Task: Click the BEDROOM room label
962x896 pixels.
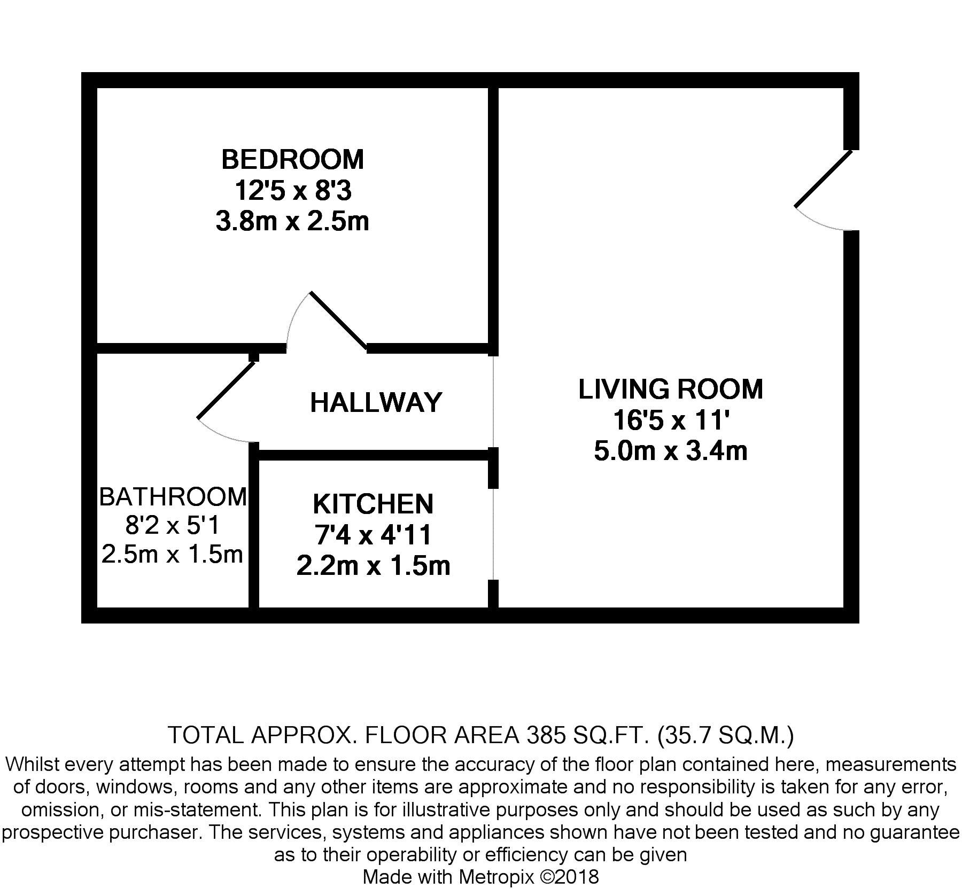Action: pos(292,159)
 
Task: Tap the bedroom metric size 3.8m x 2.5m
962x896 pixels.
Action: pos(292,221)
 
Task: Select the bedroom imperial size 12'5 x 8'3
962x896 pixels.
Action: pos(292,190)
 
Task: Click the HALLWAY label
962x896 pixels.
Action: pos(376,402)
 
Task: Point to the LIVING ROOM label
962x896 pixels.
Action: pos(670,389)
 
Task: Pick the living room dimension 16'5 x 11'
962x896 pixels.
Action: pos(670,420)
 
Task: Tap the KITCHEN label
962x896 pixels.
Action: pos(373,504)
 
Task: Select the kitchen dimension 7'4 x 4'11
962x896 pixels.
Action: pos(373,535)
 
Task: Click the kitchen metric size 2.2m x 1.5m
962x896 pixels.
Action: pos(373,566)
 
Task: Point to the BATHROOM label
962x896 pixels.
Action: pos(173,497)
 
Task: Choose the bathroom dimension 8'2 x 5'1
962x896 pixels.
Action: pos(173,526)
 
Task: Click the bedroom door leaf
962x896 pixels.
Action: pos(338,321)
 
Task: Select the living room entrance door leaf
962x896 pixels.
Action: pos(823,178)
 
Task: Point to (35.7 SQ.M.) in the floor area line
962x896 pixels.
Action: pos(725,736)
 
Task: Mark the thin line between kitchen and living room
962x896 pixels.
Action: pos(493,534)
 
